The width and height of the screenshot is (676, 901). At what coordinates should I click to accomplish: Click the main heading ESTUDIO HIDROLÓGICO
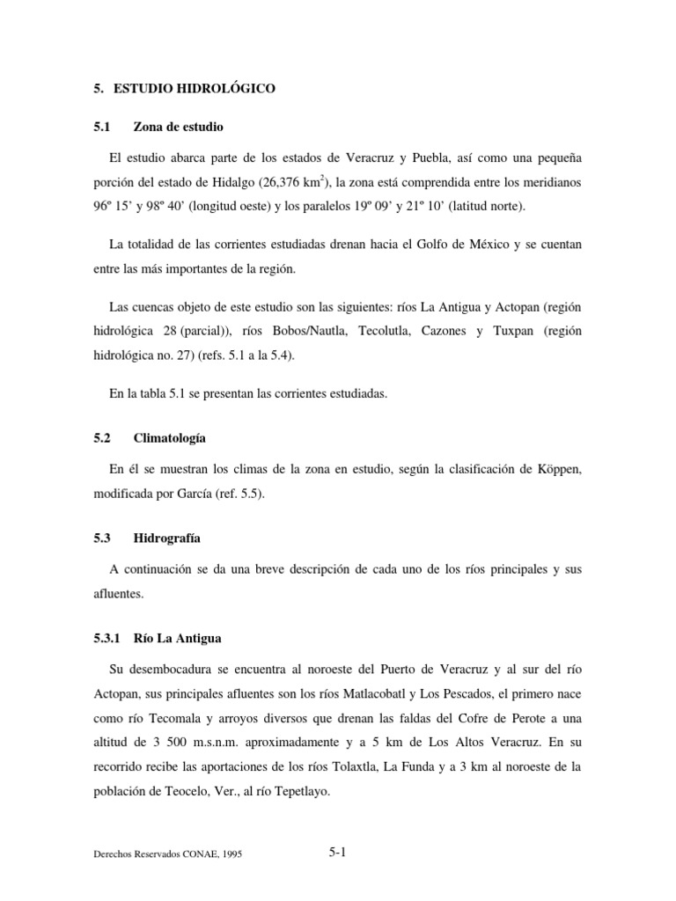point(191,89)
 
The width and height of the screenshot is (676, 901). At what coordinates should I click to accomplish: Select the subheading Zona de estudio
point(184,127)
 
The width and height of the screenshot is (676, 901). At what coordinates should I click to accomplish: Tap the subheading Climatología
point(170,437)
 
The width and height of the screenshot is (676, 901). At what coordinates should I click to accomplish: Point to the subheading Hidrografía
point(167,537)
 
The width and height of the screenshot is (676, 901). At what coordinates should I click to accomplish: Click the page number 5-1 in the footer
point(336,852)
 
